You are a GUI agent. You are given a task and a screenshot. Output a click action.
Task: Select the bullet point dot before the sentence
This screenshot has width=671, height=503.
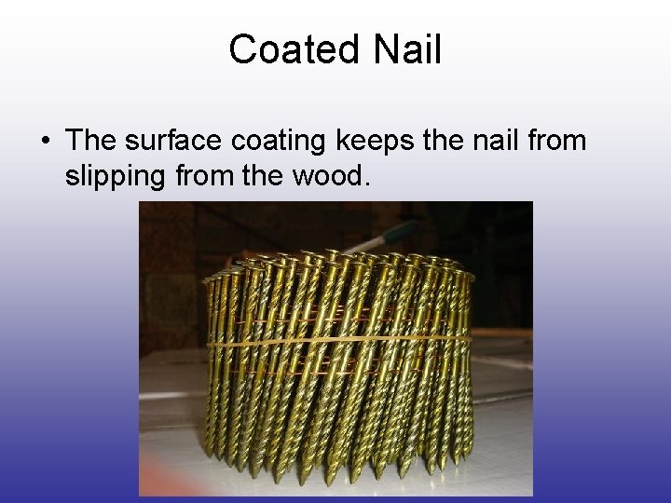(45, 142)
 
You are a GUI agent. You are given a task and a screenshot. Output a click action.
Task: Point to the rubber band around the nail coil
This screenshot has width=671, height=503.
(335, 342)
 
